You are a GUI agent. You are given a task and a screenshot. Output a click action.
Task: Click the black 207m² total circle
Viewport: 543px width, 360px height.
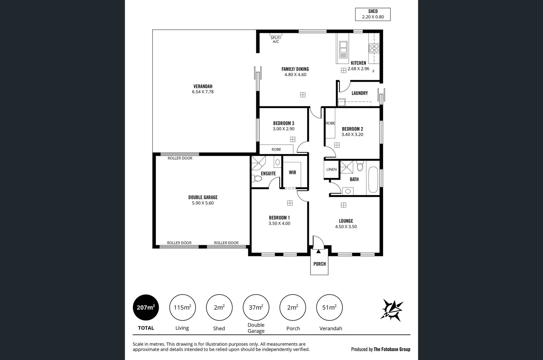(x=146, y=307)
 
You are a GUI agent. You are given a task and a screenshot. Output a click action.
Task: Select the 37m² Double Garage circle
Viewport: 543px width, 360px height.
(x=256, y=307)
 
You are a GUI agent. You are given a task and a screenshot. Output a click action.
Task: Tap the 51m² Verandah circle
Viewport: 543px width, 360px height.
(x=329, y=307)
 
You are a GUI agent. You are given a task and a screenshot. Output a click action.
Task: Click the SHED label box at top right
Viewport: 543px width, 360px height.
(x=373, y=14)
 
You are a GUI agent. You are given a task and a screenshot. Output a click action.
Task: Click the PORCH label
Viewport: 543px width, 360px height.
(x=319, y=264)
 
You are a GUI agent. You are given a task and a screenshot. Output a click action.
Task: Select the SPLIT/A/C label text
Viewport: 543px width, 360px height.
(x=276, y=40)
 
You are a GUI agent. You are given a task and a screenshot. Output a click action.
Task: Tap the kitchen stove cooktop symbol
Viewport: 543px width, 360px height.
(x=374, y=48)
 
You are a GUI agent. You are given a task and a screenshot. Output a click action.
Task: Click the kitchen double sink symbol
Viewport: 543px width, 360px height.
(x=343, y=49)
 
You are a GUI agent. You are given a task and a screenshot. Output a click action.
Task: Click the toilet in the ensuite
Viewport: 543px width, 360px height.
(x=257, y=178)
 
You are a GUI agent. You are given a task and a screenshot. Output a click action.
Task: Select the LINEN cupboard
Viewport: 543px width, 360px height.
(x=331, y=169)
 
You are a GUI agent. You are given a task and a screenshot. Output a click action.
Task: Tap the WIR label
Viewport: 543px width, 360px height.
(x=292, y=172)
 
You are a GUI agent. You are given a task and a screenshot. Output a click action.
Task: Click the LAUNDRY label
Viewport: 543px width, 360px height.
(x=359, y=93)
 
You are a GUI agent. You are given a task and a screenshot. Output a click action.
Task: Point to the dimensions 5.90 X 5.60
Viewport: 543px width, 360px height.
(x=203, y=203)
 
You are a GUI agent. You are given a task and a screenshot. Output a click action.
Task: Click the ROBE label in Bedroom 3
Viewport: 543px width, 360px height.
(x=276, y=149)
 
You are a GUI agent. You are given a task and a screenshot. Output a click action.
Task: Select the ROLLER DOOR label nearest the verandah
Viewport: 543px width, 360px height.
(x=180, y=158)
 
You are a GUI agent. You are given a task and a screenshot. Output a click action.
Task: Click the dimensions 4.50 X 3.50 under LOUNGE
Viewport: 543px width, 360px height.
(x=346, y=227)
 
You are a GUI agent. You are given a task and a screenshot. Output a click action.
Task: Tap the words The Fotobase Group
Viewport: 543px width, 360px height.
(x=392, y=349)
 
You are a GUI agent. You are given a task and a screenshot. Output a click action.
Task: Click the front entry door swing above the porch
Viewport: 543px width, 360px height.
(x=318, y=242)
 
